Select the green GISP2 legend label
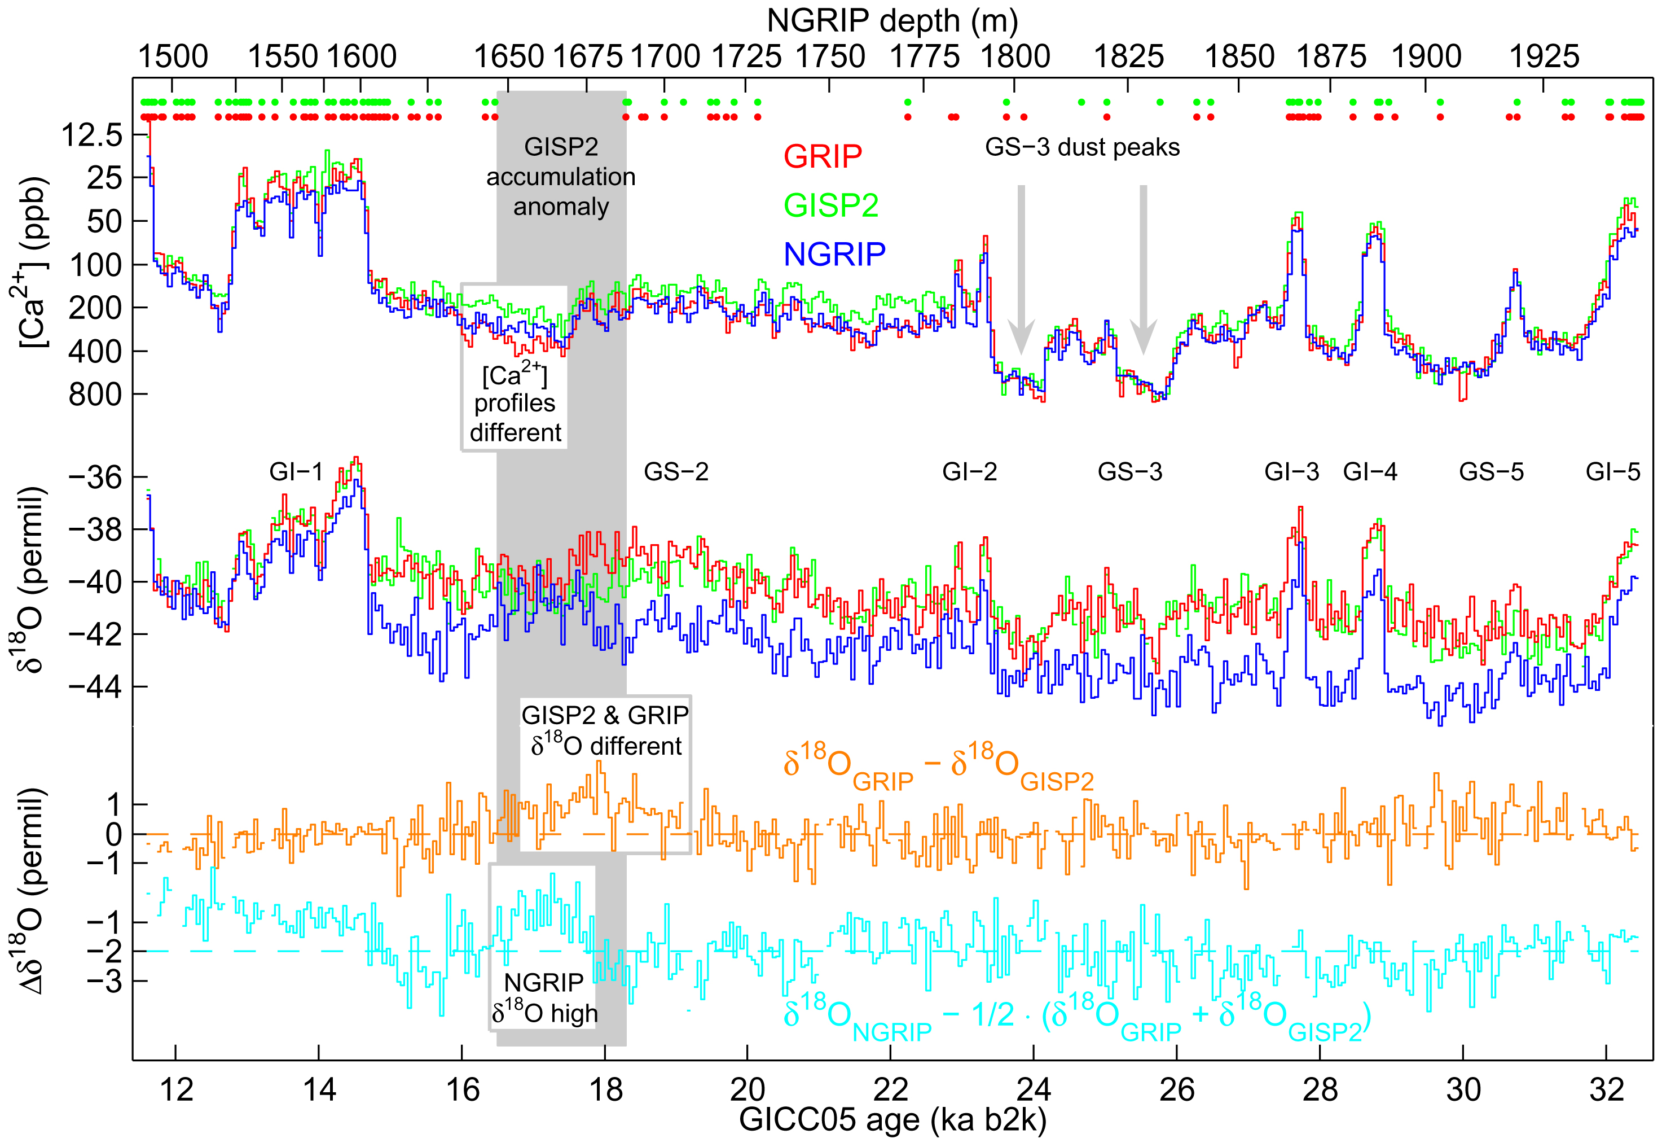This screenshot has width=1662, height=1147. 830,205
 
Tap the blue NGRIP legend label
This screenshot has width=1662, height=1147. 834,253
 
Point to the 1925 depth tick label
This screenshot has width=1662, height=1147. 1544,57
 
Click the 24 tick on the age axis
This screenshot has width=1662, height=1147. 1034,1089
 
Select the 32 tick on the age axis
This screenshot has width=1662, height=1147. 1606,1089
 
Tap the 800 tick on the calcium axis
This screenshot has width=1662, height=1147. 95,395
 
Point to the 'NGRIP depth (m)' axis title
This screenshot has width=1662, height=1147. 892,21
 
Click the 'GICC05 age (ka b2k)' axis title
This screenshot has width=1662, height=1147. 892,1120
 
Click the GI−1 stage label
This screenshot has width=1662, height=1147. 296,472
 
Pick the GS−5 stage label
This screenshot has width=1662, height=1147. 1491,472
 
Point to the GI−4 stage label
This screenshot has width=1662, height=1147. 1370,472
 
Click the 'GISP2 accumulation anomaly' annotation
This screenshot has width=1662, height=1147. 561,177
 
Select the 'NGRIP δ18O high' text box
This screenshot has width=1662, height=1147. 544,997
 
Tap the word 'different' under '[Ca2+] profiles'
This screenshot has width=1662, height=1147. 515,432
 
